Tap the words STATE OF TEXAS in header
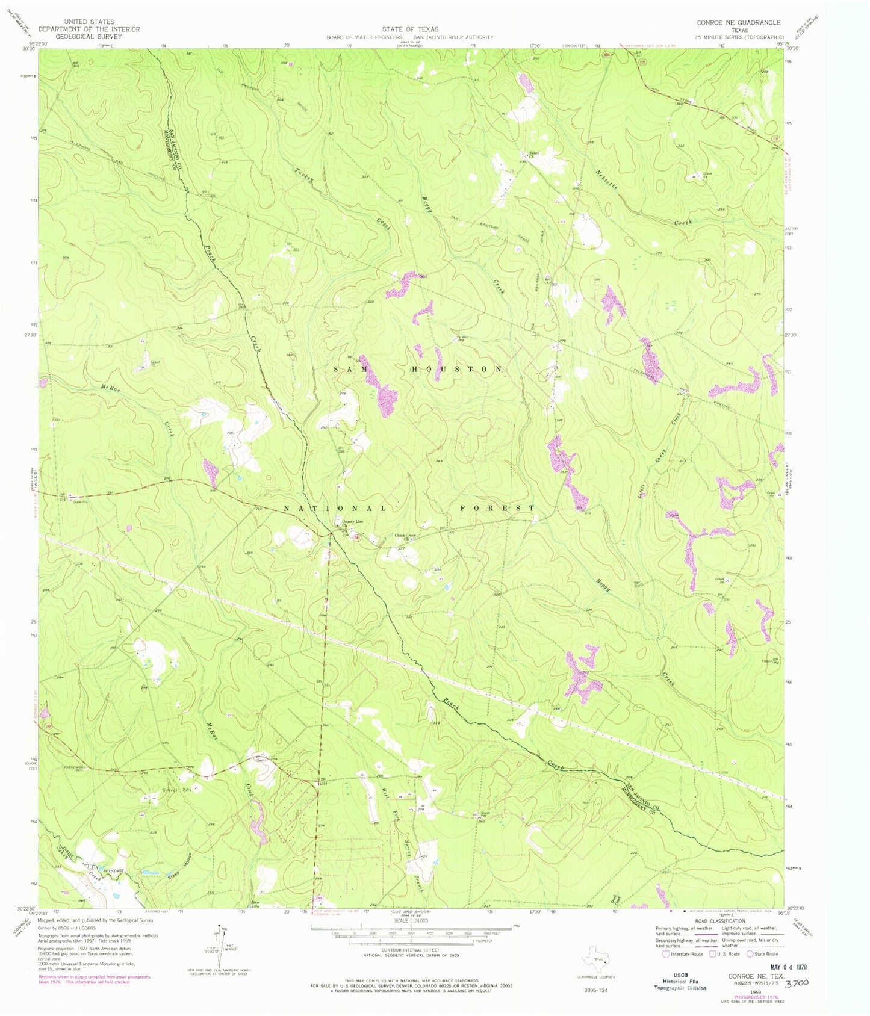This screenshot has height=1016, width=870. (410, 29)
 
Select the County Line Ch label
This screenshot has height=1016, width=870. (353, 523)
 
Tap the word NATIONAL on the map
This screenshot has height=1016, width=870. (335, 509)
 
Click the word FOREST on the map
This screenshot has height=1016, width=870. (497, 508)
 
